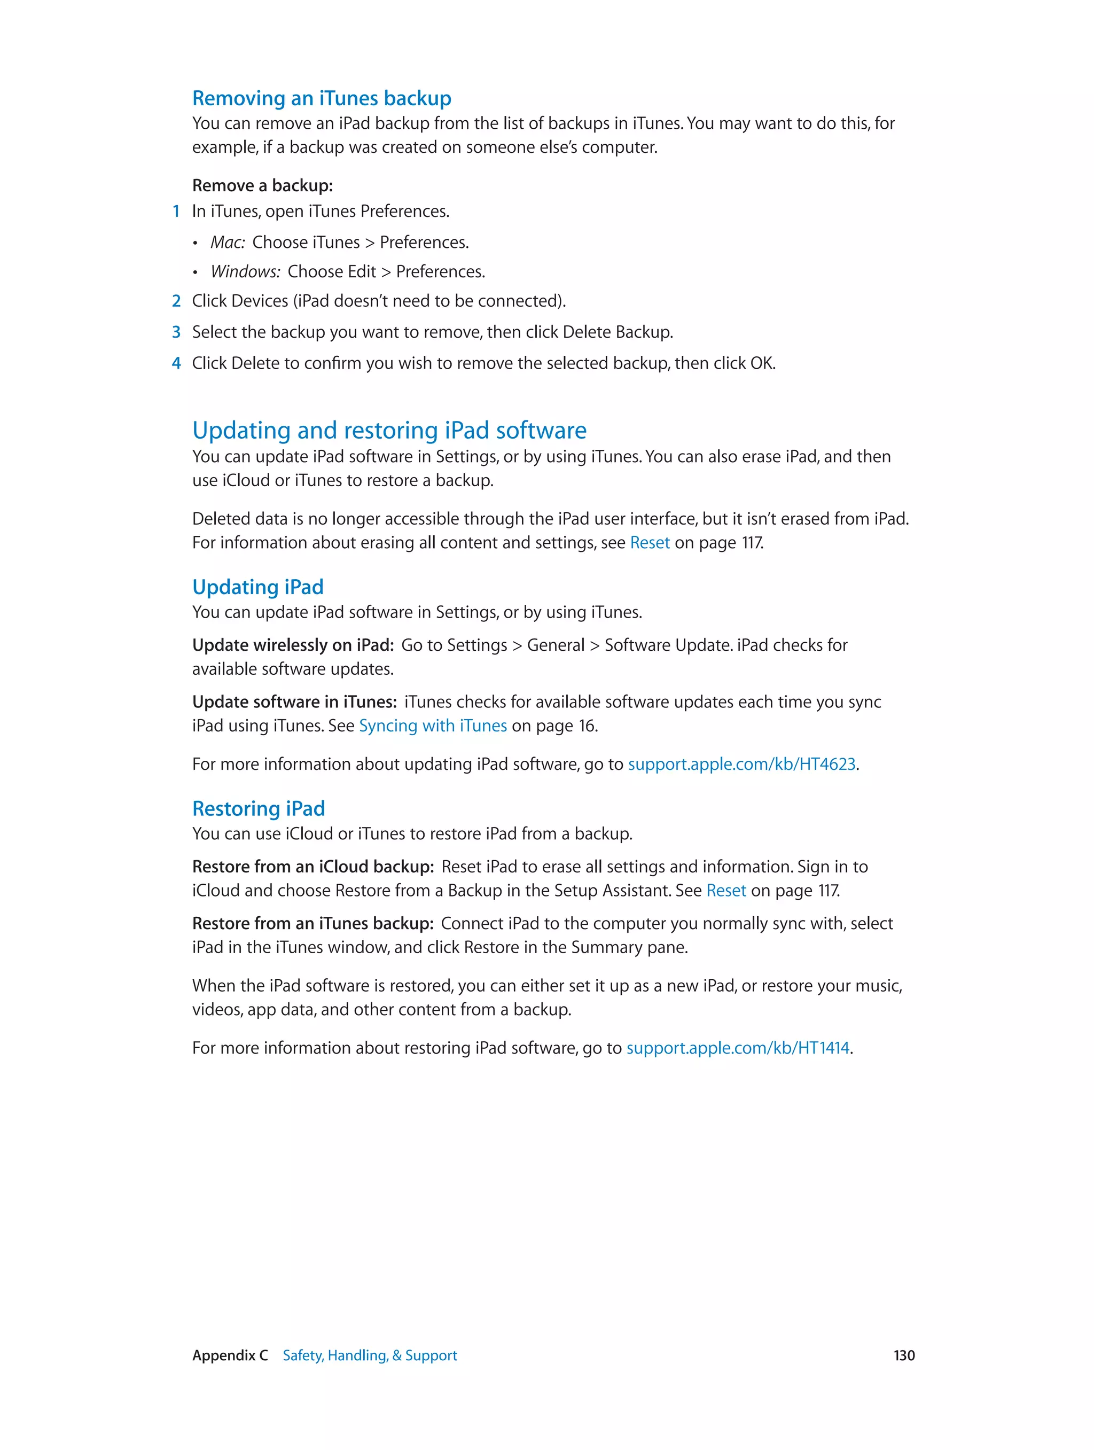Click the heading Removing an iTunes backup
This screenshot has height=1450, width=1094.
pos(321,98)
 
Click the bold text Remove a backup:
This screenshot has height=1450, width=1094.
pos(262,186)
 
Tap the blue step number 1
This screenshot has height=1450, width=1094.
pos(176,212)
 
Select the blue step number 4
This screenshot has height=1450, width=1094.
pos(176,363)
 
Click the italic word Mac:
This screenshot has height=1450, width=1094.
pos(228,243)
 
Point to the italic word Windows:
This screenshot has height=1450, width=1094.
pos(245,272)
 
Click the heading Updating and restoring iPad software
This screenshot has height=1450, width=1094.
pos(389,431)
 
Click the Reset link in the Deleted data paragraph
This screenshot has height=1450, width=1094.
pos(649,543)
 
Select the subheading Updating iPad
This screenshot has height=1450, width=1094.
pos(257,587)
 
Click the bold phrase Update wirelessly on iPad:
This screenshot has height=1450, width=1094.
pos(292,646)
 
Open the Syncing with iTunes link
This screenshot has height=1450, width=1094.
pos(433,726)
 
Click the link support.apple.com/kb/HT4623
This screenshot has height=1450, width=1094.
pos(741,765)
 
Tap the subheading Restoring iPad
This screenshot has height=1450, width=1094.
pos(258,809)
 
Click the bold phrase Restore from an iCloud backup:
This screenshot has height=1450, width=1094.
pos(312,867)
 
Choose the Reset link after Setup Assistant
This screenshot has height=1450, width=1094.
pos(725,891)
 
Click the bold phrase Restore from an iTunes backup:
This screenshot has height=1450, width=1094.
pos(312,924)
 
